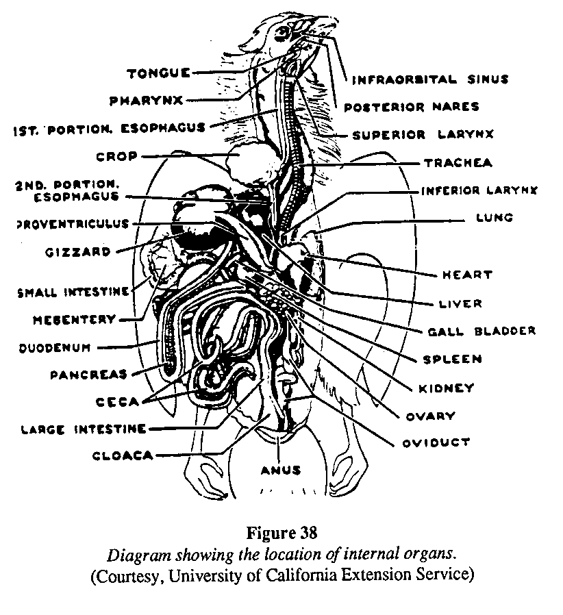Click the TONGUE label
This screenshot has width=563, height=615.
pyautogui.click(x=158, y=72)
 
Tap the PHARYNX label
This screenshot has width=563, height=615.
pyautogui.click(x=145, y=100)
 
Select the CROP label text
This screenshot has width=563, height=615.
pyautogui.click(x=117, y=156)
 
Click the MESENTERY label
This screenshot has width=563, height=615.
pyautogui.click(x=75, y=319)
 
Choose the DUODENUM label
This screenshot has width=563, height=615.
pyautogui.click(x=55, y=347)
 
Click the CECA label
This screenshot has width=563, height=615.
pyautogui.click(x=118, y=401)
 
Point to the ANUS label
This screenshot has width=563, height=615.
pyautogui.click(x=281, y=470)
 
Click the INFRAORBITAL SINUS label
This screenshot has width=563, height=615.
pyautogui.click(x=430, y=79)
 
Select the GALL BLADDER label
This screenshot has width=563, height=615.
pyautogui.click(x=481, y=331)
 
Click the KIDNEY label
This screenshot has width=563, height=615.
pyautogui.click(x=446, y=388)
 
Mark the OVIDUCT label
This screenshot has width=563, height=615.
pyautogui.click(x=436, y=442)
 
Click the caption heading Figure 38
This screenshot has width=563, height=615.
pyautogui.click(x=281, y=533)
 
